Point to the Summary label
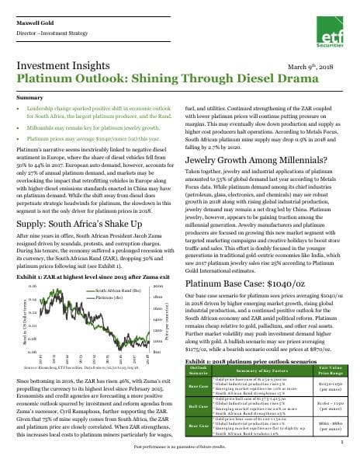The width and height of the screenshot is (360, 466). pos(29,99)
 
